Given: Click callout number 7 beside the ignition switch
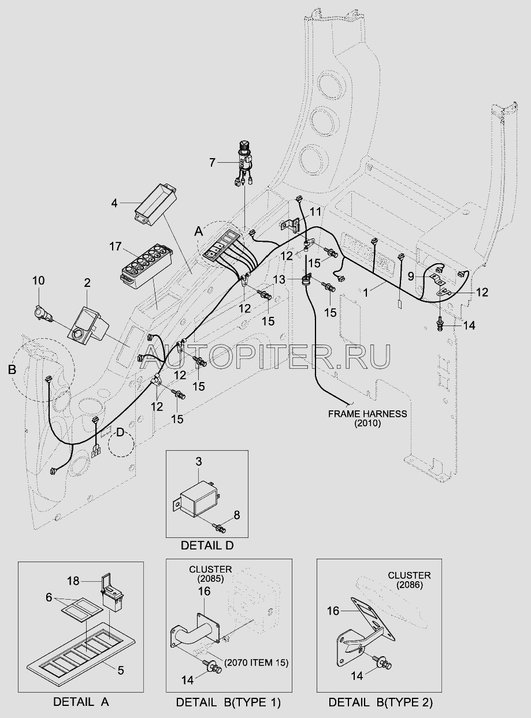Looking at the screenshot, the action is pyautogui.click(x=212, y=163).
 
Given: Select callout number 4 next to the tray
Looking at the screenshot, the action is pyautogui.click(x=114, y=203).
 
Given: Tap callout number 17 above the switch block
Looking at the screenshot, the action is pyautogui.click(x=116, y=246).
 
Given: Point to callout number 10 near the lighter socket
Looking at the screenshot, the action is pyautogui.click(x=38, y=281).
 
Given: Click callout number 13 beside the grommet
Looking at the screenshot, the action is pyautogui.click(x=280, y=279).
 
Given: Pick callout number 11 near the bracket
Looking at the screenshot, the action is pyautogui.click(x=315, y=212).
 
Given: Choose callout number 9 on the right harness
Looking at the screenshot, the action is pyautogui.click(x=411, y=277).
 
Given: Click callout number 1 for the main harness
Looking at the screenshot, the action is pyautogui.click(x=366, y=293).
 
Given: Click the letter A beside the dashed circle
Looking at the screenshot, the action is pyautogui.click(x=198, y=231).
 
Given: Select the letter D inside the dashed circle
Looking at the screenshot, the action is pyautogui.click(x=120, y=432).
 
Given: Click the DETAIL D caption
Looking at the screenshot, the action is pyautogui.click(x=207, y=546).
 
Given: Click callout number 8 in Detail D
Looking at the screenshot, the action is pyautogui.click(x=237, y=515).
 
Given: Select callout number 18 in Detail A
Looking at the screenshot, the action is pyautogui.click(x=73, y=581).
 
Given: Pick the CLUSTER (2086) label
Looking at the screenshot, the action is pyautogui.click(x=410, y=581).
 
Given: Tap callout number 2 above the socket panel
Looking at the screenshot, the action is pyautogui.click(x=87, y=283).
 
